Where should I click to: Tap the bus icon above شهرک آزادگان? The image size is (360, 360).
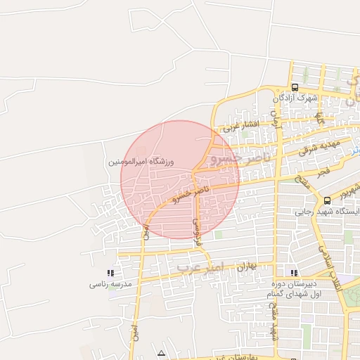pos(294,88)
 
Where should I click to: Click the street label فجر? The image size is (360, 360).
pos(322,171)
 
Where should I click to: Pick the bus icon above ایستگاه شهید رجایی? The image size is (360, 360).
pos(328,200)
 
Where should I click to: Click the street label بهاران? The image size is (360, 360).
pos(245,268)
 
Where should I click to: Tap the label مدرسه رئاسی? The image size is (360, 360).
pos(109,285)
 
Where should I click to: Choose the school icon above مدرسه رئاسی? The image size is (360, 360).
pos(110,273)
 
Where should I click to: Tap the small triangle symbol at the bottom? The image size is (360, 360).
pos(162,352)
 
